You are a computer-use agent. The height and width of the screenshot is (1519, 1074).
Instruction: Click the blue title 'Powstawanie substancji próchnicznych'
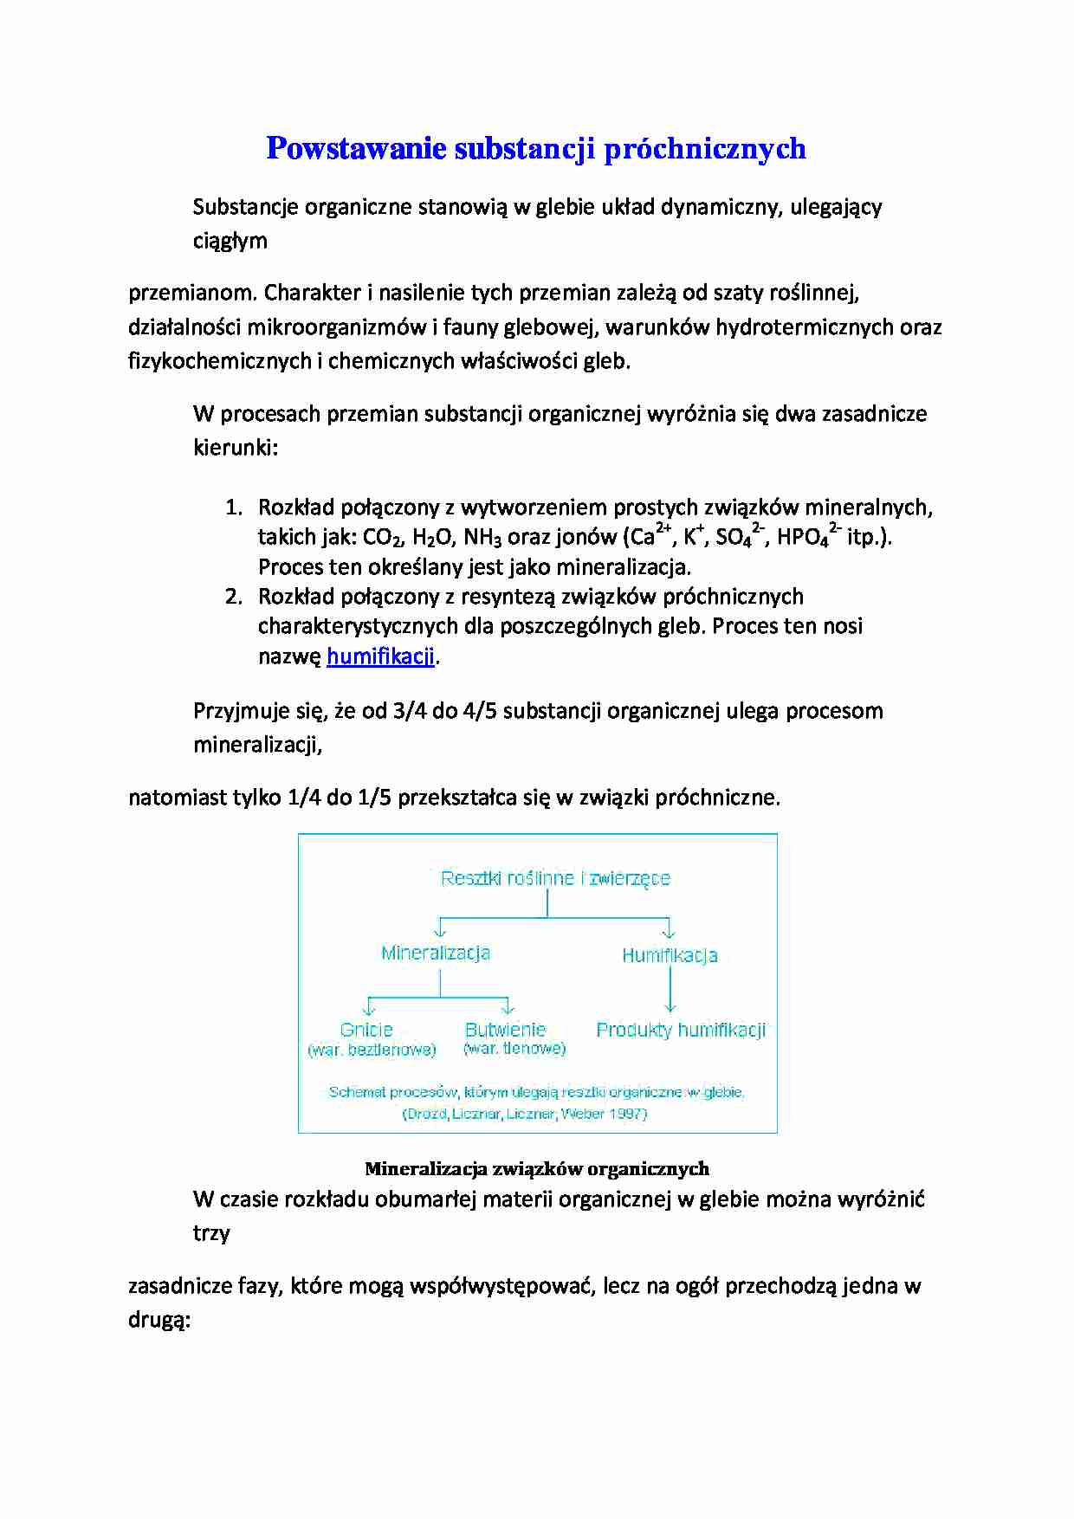pyautogui.click(x=535, y=148)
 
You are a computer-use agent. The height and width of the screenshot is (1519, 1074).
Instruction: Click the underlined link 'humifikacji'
pyautogui.click(x=380, y=656)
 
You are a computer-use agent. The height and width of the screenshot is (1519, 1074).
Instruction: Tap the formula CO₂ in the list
pyautogui.click(x=382, y=538)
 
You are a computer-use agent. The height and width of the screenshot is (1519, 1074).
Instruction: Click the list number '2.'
pyautogui.click(x=233, y=597)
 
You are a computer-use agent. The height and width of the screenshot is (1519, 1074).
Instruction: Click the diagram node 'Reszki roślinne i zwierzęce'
pyautogui.click(x=555, y=878)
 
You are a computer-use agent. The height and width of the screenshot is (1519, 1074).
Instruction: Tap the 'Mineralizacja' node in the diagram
pyautogui.click(x=436, y=953)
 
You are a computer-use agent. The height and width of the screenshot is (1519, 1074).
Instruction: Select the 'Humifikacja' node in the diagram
pyautogui.click(x=670, y=955)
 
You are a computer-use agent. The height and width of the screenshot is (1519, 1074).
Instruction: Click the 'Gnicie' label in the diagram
pyautogui.click(x=366, y=1030)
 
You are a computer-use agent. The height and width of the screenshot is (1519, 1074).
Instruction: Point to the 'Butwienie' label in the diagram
pyautogui.click(x=505, y=1030)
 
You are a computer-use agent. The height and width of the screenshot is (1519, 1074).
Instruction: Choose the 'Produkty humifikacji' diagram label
pyautogui.click(x=681, y=1030)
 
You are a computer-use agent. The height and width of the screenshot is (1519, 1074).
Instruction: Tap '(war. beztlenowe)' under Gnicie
pyautogui.click(x=372, y=1050)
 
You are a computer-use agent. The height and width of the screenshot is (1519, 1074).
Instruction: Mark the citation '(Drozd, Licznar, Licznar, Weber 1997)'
pyautogui.click(x=525, y=1114)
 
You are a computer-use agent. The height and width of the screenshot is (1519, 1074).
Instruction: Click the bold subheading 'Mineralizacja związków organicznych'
pyautogui.click(x=537, y=1168)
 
